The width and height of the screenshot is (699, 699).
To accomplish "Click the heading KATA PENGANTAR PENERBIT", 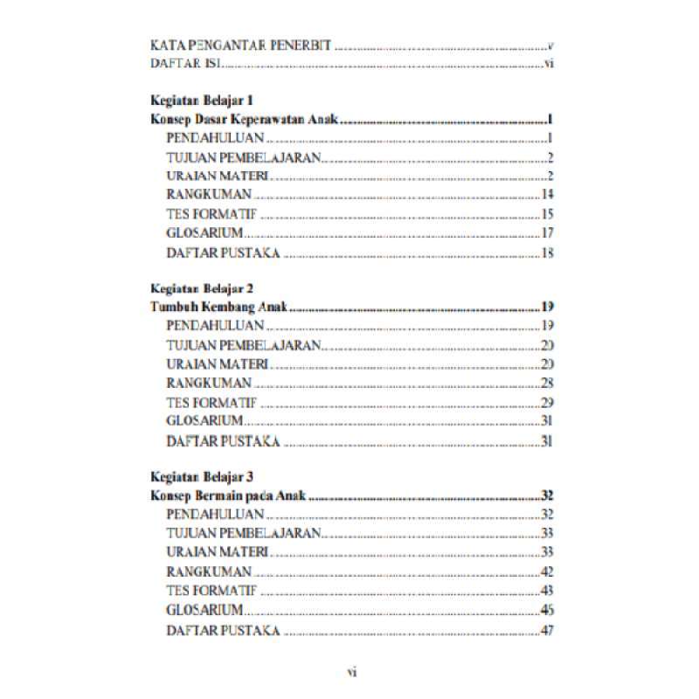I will pos(240,45).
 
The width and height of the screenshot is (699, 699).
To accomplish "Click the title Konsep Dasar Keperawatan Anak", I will pos(244,120).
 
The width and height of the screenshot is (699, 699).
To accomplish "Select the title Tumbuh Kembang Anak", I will pos(219,307).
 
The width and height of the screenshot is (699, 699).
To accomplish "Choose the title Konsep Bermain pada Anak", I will pos(230,495).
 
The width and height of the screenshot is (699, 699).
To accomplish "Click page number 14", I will pos(548,194).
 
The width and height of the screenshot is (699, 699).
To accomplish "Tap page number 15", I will pos(548,214).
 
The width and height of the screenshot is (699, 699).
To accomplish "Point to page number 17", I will pos(548,233).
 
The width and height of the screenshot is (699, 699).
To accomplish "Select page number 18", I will pos(548,253).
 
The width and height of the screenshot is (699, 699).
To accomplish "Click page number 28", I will pos(548,383).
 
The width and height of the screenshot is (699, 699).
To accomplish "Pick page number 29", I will pos(548,402).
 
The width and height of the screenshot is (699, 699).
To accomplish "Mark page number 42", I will pos(548,571).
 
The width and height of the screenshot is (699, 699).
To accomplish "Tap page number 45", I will pos(548,610).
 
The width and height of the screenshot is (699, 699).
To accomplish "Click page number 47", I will pos(548,630).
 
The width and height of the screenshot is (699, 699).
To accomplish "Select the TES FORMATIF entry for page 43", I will pos(211,591).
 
